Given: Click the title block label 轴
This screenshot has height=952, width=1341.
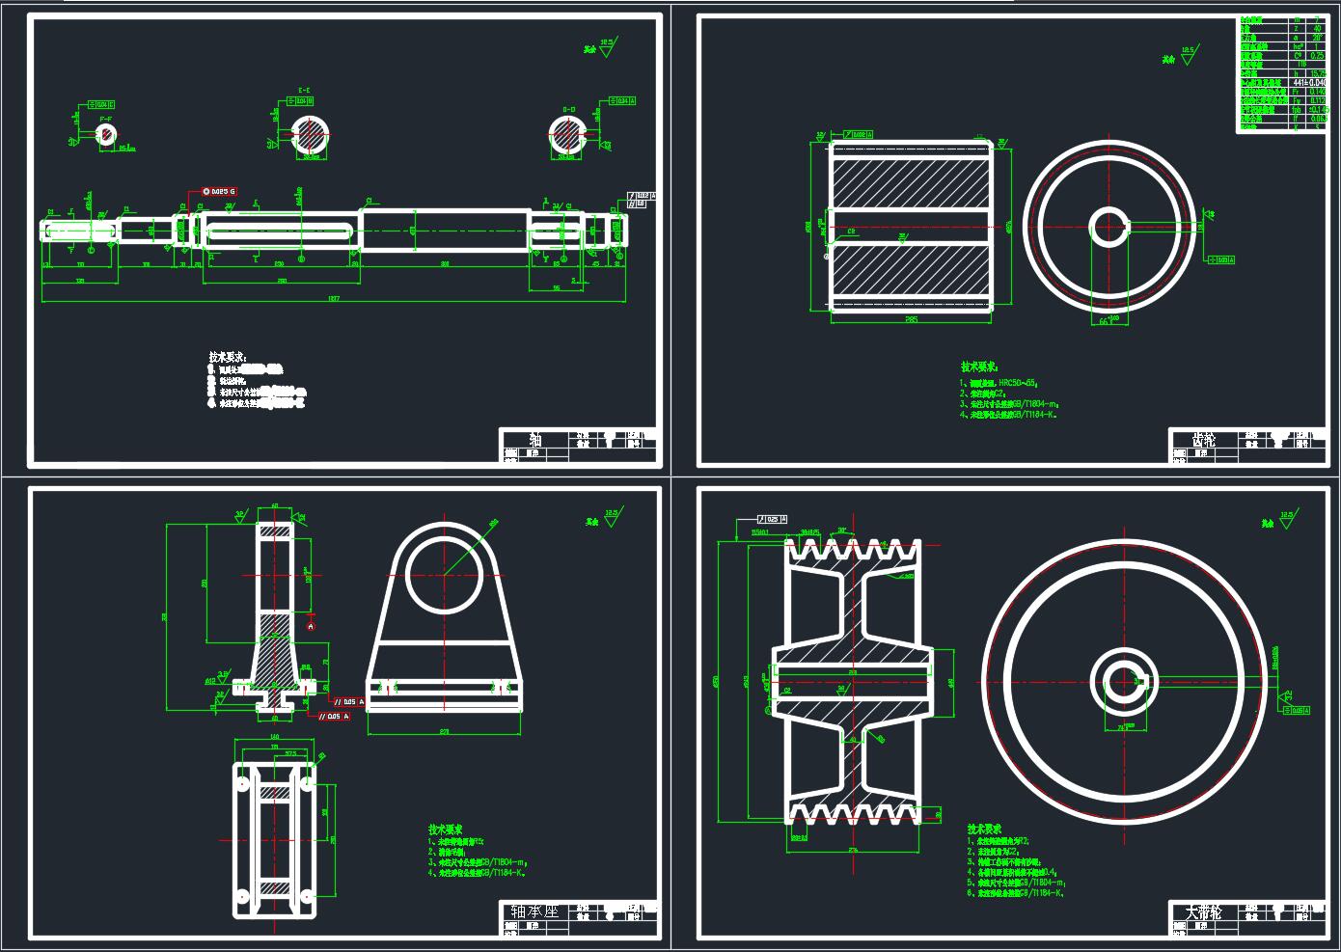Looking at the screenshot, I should tap(535, 441).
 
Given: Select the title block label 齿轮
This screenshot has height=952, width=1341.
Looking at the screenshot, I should tap(1204, 440).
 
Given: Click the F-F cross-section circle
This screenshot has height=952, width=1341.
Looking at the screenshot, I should tap(106, 134).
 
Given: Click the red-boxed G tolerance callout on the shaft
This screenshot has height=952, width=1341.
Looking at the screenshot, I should tap(219, 192).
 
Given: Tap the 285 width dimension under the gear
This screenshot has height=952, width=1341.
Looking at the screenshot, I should tap(911, 319).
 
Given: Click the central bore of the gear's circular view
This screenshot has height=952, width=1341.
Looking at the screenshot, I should tap(1109, 228).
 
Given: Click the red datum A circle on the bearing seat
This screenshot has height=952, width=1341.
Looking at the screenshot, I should tap(311, 626).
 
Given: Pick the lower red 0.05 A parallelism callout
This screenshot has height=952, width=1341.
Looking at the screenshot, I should tap(334, 716).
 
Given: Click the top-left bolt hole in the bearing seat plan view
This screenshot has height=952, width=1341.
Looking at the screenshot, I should tap(241, 783).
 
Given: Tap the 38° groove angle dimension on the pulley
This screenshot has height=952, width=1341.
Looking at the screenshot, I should tap(841, 530).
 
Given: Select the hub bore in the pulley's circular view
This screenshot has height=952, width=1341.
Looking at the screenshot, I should tap(1121, 683).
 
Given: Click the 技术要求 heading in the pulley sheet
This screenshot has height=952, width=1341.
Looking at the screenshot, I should tap(984, 830).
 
